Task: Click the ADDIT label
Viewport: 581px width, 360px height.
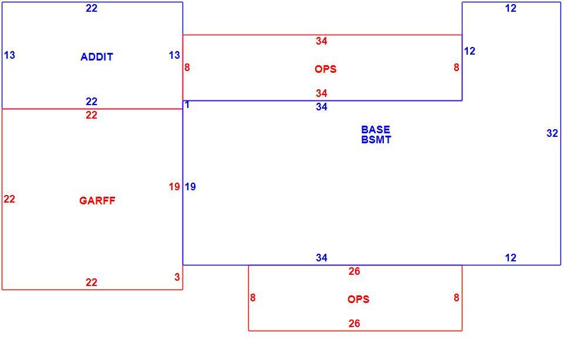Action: pyautogui.click(x=97, y=57)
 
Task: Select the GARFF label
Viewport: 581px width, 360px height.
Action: pyautogui.click(x=97, y=201)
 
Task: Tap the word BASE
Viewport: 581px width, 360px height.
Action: pyautogui.click(x=376, y=129)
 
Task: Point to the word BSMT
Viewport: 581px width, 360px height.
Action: pyautogui.click(x=376, y=140)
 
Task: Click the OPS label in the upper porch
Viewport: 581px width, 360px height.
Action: pyautogui.click(x=325, y=69)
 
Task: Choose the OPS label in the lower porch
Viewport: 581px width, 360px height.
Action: pyautogui.click(x=359, y=299)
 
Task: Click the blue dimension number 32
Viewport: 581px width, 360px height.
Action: pyautogui.click(x=552, y=133)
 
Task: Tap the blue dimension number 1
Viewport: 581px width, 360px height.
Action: pyautogui.click(x=187, y=105)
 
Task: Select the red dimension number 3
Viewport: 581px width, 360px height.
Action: pyautogui.click(x=177, y=277)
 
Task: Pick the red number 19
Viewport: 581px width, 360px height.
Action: pyautogui.click(x=174, y=187)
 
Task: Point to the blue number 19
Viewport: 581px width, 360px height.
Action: pyautogui.click(x=190, y=187)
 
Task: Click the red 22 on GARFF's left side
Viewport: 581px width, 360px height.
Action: pyautogui.click(x=9, y=199)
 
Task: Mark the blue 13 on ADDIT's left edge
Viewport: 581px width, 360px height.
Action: pyautogui.click(x=9, y=55)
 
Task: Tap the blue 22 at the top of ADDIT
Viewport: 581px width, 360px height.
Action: pyautogui.click(x=92, y=8)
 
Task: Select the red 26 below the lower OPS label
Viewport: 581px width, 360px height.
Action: pyautogui.click(x=354, y=324)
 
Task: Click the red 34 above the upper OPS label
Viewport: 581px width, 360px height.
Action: pyautogui.click(x=322, y=41)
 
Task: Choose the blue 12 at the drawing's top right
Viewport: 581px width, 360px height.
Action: pyautogui.click(x=511, y=8)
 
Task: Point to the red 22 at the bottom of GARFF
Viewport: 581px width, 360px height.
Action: pyautogui.click(x=92, y=282)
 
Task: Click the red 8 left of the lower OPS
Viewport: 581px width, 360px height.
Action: pyautogui.click(x=253, y=298)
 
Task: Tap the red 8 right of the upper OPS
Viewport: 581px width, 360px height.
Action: pyautogui.click(x=457, y=68)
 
